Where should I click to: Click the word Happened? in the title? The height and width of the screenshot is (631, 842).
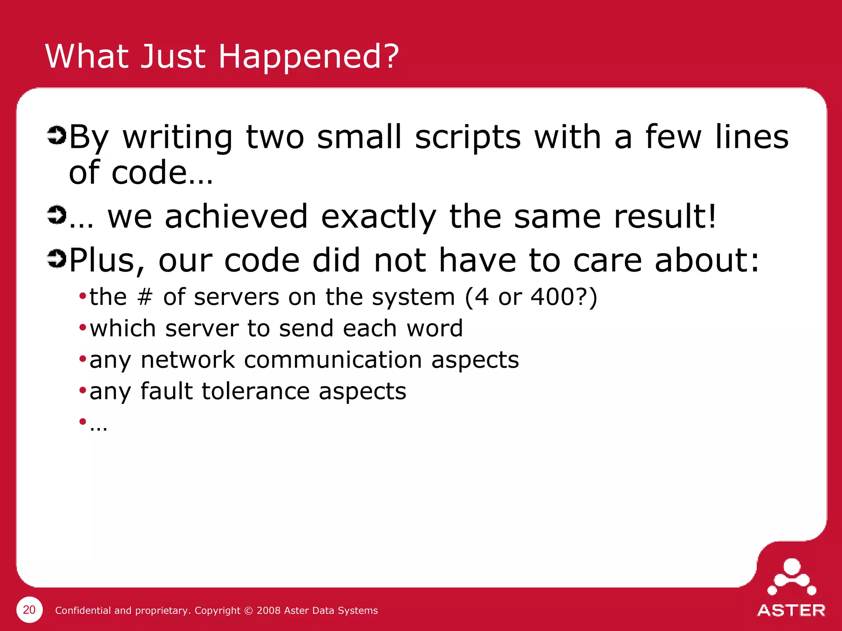pyautogui.click(x=308, y=56)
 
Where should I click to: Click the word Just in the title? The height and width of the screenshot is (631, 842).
pyautogui.click(x=173, y=56)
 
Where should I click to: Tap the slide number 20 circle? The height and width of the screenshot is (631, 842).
pyautogui.click(x=29, y=610)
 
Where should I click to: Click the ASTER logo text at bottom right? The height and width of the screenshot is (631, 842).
pyautogui.click(x=791, y=610)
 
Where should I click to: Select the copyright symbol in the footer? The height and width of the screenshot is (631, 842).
pyautogui.click(x=248, y=610)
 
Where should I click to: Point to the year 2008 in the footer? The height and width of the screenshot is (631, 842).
pyautogui.click(x=268, y=610)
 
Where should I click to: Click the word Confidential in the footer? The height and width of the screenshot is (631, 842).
pyautogui.click(x=83, y=610)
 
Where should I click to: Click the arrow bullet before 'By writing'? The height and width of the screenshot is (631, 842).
pyautogui.click(x=56, y=136)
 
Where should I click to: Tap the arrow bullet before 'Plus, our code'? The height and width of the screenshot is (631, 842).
pyautogui.click(x=56, y=259)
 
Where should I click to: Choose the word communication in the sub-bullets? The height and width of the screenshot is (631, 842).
pyautogui.click(x=333, y=360)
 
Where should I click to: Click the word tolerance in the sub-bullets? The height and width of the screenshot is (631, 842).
pyautogui.click(x=255, y=391)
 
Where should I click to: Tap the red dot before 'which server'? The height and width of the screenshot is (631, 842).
pyautogui.click(x=83, y=327)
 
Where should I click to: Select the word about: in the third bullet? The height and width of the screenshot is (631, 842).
pyautogui.click(x=707, y=260)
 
